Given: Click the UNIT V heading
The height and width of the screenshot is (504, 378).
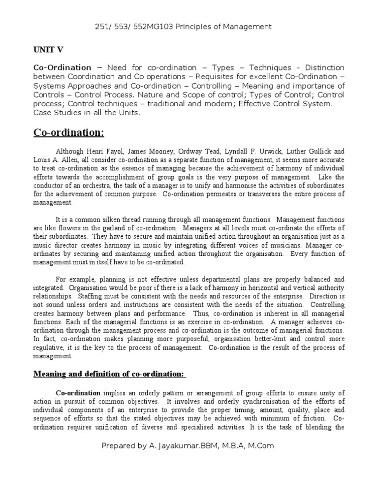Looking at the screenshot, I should click(48, 49).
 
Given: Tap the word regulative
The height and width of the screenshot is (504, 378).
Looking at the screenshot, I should click(48, 347).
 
